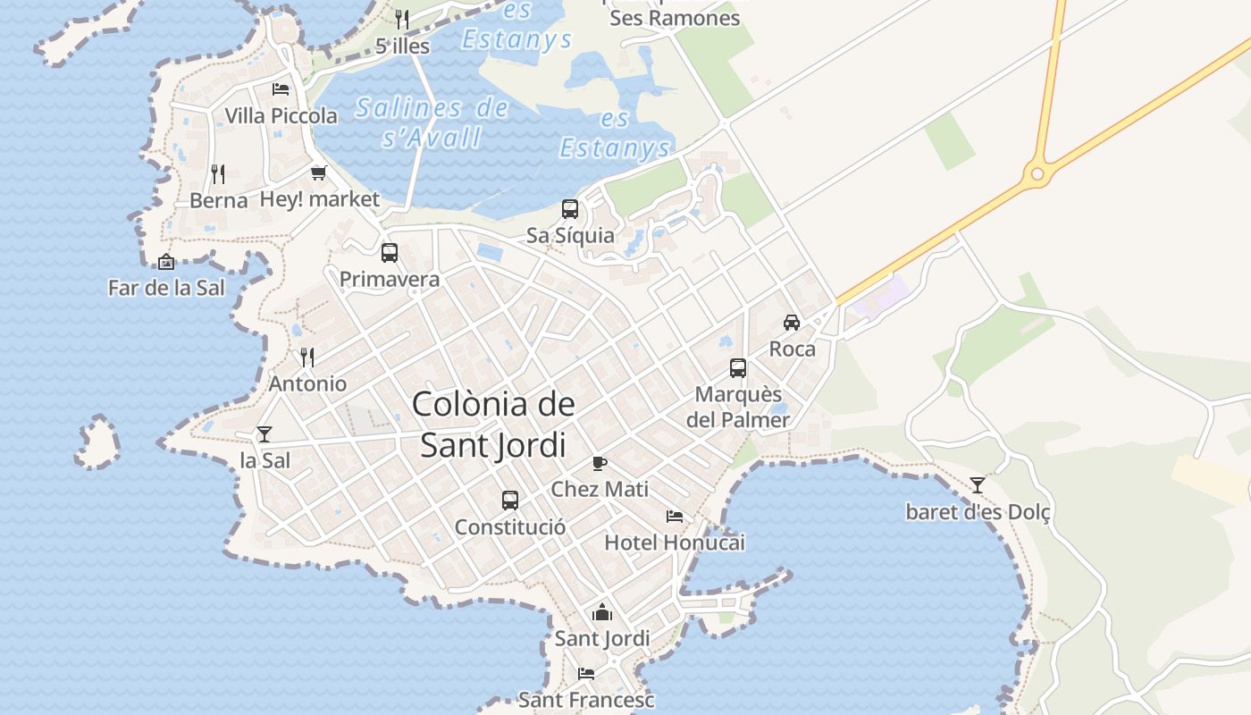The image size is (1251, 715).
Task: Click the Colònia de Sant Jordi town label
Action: (493, 425)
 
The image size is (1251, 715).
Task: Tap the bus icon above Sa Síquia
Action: (570, 209)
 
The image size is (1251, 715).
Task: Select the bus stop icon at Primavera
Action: (390, 253)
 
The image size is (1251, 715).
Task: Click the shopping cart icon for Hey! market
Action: (319, 172)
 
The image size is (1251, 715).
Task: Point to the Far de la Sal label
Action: (166, 288)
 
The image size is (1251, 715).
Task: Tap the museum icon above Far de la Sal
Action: (166, 262)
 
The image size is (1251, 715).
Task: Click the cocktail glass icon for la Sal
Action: (264, 434)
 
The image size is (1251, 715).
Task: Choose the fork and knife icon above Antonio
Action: (307, 357)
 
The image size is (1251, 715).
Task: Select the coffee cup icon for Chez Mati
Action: (599, 463)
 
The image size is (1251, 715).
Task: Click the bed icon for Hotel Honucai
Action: (675, 517)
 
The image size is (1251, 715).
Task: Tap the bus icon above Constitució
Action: (510, 500)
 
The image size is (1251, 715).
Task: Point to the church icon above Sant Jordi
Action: (602, 612)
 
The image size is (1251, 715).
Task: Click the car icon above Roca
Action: (792, 323)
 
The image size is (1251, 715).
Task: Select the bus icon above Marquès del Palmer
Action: (738, 368)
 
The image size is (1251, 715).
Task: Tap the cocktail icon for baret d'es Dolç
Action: (978, 485)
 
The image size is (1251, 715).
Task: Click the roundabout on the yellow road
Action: (1037, 173)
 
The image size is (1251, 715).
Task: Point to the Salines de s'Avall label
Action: (432, 122)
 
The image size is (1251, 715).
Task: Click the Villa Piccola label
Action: (281, 115)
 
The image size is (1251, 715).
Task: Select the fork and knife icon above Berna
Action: (218, 173)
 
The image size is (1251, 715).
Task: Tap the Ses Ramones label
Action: (675, 18)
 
